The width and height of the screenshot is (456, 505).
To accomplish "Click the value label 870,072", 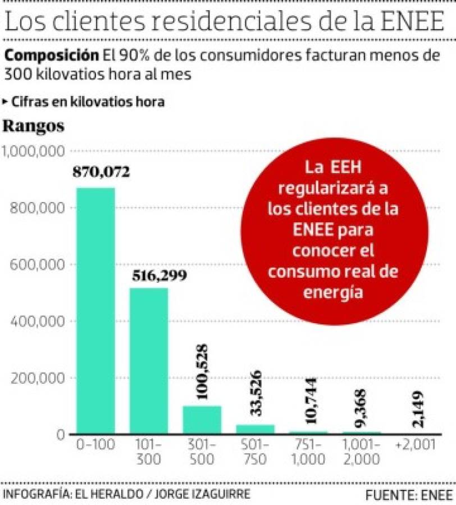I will click(x=101, y=172).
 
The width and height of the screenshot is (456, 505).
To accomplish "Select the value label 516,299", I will click(x=160, y=276).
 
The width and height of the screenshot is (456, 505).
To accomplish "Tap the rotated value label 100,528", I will click(x=201, y=372).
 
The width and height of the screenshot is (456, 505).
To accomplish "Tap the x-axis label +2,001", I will click(x=415, y=445).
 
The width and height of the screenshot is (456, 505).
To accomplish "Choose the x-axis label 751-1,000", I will click(x=308, y=452).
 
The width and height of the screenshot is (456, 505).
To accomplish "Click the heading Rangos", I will click(x=34, y=126).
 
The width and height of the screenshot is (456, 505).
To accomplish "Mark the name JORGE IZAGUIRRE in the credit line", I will click(x=204, y=494).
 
